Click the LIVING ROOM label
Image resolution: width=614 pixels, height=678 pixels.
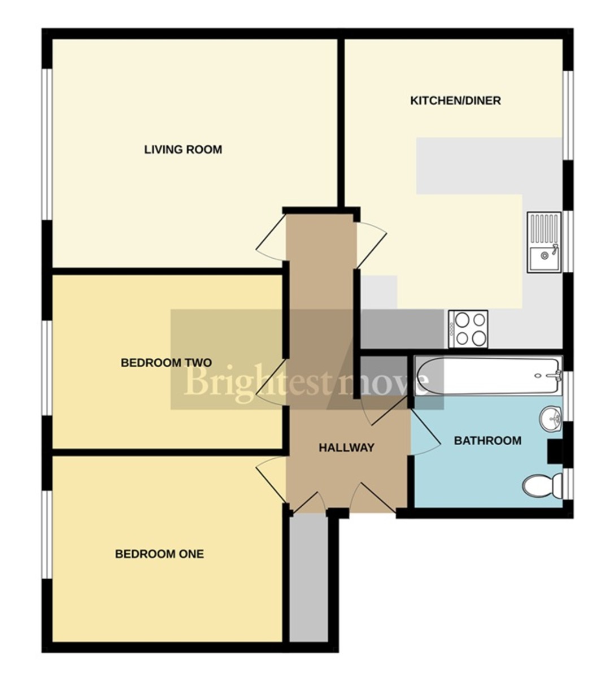pyautogui.click(x=183, y=150)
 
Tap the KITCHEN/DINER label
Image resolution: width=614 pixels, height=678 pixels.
pyautogui.click(x=455, y=101)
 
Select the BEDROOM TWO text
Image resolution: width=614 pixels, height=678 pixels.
pyautogui.click(x=166, y=363)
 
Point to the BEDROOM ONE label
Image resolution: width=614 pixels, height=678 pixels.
pyautogui.click(x=159, y=554)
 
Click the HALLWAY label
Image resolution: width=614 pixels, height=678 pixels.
pyautogui.click(x=346, y=448)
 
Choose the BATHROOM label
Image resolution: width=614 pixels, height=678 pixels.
pyautogui.click(x=487, y=441)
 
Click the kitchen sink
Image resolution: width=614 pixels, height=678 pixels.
pyautogui.click(x=544, y=242)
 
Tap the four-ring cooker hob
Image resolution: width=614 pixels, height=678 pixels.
pyautogui.click(x=468, y=329)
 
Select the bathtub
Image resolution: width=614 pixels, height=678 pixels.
pyautogui.click(x=488, y=376)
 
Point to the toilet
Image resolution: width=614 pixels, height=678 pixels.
pyautogui.click(x=541, y=485)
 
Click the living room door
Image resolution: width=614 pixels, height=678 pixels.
pyautogui.click(x=270, y=238)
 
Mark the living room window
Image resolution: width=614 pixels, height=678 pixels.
pyautogui.click(x=48, y=144)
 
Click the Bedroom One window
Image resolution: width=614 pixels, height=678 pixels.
pyautogui.click(x=48, y=534)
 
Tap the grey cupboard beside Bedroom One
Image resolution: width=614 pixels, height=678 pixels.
pyautogui.click(x=308, y=579)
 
